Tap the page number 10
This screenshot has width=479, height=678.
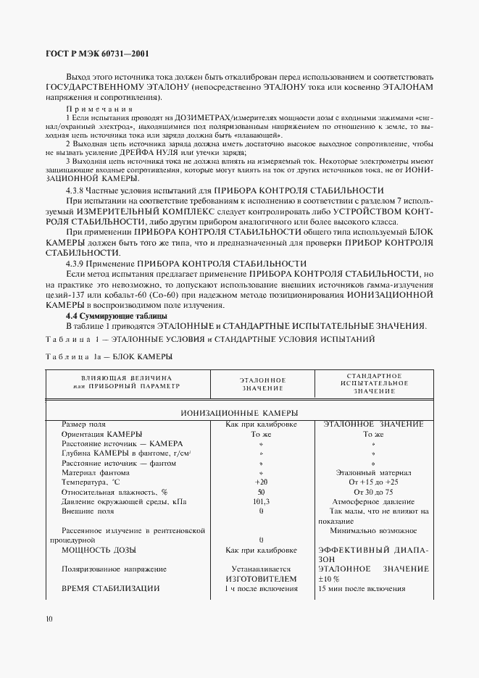click(48, 618)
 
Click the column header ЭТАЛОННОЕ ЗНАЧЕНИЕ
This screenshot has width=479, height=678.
click(262, 384)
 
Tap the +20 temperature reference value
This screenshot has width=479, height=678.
click(262, 482)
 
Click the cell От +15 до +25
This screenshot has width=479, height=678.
click(373, 482)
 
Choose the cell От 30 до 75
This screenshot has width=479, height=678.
click(373, 492)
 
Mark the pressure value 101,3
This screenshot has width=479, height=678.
click(262, 501)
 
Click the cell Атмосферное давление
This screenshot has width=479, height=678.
click(373, 501)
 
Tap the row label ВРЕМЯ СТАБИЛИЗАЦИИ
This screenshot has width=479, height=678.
click(111, 589)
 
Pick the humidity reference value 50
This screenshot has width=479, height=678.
click(262, 492)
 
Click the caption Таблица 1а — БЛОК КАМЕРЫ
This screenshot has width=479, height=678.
click(109, 355)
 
